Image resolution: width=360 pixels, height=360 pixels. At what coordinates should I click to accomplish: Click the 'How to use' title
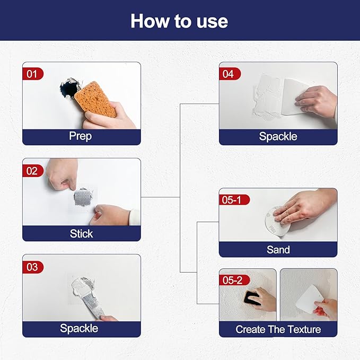click(179, 21)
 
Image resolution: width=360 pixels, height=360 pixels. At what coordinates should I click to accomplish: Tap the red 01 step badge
click(32, 74)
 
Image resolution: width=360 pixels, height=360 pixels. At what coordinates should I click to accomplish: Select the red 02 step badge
click(32, 170)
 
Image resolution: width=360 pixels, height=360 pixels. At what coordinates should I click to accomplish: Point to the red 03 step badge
click(32, 267)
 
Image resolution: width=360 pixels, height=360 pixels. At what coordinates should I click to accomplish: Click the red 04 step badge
click(229, 74)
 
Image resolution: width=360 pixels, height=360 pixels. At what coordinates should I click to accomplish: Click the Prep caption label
click(81, 136)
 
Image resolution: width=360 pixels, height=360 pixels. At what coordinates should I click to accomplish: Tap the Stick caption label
click(81, 233)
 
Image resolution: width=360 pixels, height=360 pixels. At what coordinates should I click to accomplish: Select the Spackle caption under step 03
click(79, 329)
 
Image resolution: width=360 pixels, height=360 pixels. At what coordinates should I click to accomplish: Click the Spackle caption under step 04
click(278, 136)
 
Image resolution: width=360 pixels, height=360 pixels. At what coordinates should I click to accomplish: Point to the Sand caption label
click(278, 249)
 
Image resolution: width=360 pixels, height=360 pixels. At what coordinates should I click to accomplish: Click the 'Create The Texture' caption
click(278, 329)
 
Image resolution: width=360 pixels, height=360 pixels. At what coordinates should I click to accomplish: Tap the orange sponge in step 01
click(95, 99)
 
